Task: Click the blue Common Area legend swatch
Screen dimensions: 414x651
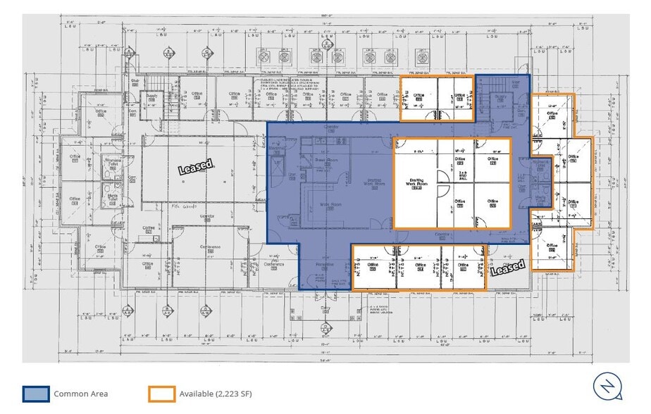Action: pyautogui.click(x=36, y=394)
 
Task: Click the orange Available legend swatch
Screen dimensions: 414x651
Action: pyautogui.click(x=161, y=394)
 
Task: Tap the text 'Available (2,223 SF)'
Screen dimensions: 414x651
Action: pyautogui.click(x=216, y=394)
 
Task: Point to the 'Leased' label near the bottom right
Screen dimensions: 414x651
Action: pyautogui.click(x=507, y=268)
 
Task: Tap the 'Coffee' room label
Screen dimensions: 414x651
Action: pyautogui.click(x=149, y=228)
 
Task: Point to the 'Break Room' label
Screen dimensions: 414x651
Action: pyautogui.click(x=323, y=161)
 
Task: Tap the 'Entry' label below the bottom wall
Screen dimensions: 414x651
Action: pyautogui.click(x=325, y=308)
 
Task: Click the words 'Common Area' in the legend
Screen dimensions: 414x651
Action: pyautogui.click(x=80, y=394)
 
